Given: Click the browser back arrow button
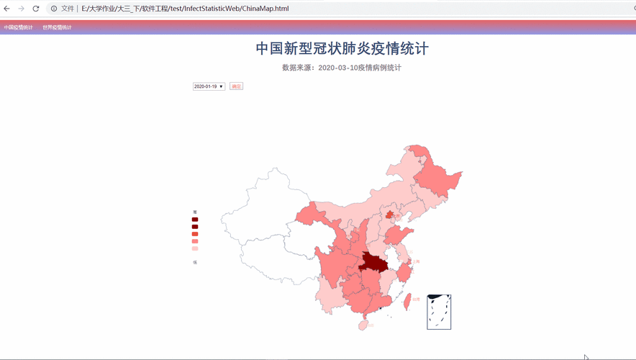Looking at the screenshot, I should (7, 9).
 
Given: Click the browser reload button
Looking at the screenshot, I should (36, 9).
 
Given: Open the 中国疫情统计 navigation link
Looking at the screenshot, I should (18, 27).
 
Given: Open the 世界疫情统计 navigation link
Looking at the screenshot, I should (57, 27).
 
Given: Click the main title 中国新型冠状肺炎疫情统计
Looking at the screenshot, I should (342, 48).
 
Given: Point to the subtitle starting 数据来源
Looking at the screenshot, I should (342, 68).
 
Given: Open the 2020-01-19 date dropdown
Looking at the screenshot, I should (209, 86).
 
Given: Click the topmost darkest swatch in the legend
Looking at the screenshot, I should (195, 220).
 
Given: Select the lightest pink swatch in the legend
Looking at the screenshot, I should (195, 248).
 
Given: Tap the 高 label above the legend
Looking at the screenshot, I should (195, 212).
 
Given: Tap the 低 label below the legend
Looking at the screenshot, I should (195, 262).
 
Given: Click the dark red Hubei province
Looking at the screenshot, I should (373, 261).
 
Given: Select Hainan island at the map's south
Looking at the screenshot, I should (364, 325).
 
